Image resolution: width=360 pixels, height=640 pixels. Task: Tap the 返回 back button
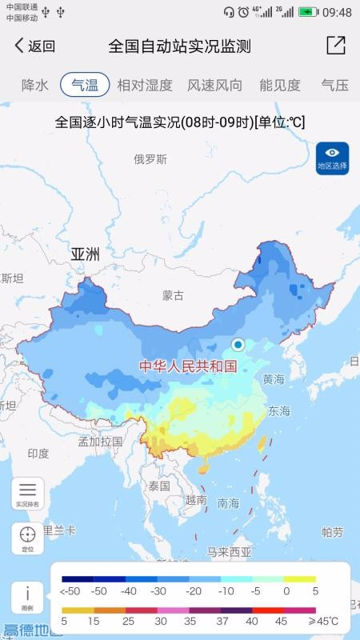coord(34,46)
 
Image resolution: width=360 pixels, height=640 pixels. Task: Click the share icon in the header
coord(336,46)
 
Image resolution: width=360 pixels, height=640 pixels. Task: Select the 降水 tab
coord(35,84)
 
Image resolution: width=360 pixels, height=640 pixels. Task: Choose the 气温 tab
coord(85,84)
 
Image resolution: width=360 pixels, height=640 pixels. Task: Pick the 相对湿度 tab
coord(145,84)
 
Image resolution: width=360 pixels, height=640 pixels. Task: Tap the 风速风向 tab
coord(214,84)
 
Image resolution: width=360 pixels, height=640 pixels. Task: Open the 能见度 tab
coord(280,84)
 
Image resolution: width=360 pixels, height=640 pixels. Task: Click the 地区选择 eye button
coord(332,158)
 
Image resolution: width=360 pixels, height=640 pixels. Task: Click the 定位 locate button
coord(27,538)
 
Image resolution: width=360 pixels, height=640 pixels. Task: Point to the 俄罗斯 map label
coord(150,159)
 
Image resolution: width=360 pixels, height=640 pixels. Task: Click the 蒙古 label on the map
coord(173,295)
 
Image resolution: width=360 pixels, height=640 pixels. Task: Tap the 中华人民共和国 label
coord(189,366)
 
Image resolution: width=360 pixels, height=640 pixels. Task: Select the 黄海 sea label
coord(273,379)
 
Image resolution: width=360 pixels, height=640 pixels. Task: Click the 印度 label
coord(38,454)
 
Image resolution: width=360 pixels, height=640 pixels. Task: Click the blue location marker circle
coord(238,345)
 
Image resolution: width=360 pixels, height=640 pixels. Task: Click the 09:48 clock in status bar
coord(337,12)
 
